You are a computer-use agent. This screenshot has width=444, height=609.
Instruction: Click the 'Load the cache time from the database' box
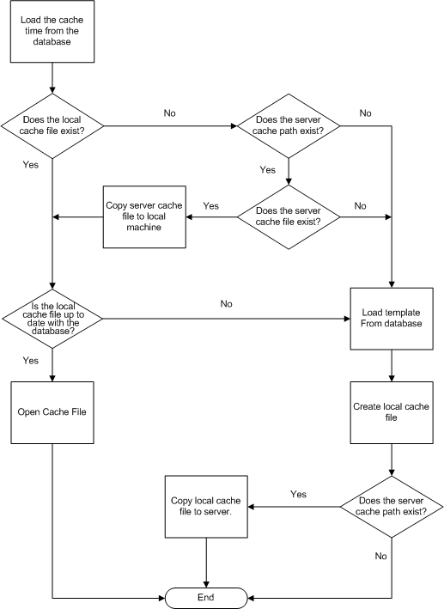pos(52,32)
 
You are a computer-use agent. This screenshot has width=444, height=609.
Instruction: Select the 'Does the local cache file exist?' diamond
pos(52,126)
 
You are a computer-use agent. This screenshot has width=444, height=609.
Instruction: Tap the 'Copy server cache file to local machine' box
pos(144,216)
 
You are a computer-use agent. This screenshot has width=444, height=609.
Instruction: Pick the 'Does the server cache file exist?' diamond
pos(289,216)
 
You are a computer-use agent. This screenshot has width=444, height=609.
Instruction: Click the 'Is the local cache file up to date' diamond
pos(52,319)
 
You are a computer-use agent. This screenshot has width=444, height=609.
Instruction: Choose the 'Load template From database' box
pos(392,319)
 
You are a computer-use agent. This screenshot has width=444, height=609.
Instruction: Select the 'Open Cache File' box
pos(52,412)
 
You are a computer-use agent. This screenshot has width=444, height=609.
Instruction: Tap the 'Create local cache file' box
pos(392,412)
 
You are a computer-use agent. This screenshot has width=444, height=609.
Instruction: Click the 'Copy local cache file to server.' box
pos(206,507)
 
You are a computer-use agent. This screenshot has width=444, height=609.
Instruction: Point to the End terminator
pos(206,598)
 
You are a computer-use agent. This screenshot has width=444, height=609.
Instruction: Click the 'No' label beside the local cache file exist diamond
pos(170,113)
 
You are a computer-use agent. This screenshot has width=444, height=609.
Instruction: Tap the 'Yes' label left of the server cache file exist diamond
pos(211,206)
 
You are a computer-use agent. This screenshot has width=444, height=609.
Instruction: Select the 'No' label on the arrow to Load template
pos(227,304)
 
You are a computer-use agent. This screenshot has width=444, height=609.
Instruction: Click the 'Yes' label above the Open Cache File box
pos(31,361)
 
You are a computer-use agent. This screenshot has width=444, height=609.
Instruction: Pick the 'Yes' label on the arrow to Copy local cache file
pos(298,494)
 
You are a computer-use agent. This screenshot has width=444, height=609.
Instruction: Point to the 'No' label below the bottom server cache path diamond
pos(381,557)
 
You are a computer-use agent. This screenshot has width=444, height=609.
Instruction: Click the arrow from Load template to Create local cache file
pos(392,365)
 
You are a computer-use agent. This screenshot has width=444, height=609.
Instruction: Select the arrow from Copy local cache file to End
pos(206,563)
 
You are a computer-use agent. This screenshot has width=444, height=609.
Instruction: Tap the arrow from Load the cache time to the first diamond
pos(52,78)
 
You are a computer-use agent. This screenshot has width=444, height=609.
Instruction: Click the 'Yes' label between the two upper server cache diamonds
pos(268,170)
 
